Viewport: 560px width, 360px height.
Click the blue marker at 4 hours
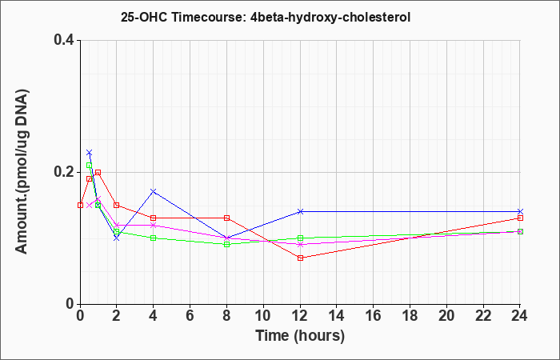pos(154,191)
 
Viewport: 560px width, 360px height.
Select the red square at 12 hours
pos(300,258)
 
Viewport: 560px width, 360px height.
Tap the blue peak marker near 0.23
pos(90,153)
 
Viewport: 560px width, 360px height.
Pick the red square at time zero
pos(80,205)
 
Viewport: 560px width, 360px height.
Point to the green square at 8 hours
pos(226,244)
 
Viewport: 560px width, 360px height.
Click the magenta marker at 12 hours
pos(300,244)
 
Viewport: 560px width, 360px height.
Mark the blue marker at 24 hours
pos(520,211)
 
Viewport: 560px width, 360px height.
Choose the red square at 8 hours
pos(226,218)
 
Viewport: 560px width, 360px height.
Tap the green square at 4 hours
pos(154,238)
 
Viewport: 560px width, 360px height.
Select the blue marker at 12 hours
pos(300,211)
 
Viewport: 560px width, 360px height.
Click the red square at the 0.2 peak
pos(98,172)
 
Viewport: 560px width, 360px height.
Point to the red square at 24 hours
pos(520,218)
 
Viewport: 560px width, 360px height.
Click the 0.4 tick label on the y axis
pos(63,40)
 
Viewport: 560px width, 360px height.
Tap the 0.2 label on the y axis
pos(63,172)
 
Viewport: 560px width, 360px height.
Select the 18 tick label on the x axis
pos(410,316)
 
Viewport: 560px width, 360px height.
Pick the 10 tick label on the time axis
pos(263,316)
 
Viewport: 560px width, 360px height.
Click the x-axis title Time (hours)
pos(300,336)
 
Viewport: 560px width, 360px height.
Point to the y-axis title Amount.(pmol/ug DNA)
pos(22,172)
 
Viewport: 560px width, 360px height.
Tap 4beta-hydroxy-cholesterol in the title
pos(327,18)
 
